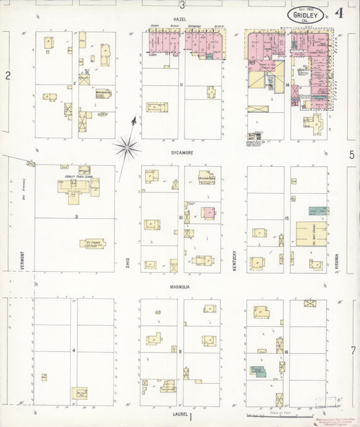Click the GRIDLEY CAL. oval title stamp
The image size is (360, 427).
[305, 15]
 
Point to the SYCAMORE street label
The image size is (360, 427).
[181, 153]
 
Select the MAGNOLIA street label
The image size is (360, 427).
[180, 286]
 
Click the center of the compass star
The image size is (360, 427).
[127, 146]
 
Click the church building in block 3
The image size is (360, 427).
[93, 243]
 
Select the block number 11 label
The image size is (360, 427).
[181, 84]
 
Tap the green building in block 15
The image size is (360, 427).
[318, 211]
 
